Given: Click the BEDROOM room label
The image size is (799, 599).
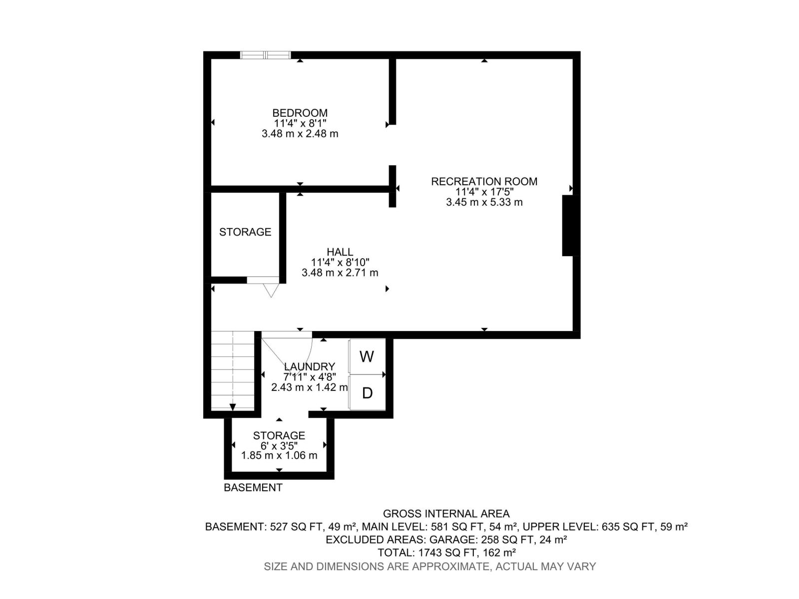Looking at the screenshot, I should click(x=300, y=113).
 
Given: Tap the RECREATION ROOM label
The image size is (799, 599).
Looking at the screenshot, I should click(x=484, y=181).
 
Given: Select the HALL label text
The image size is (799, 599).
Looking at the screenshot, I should click(x=340, y=252).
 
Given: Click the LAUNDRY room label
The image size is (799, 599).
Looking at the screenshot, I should click(x=309, y=367).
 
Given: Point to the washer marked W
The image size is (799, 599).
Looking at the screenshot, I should click(x=367, y=356).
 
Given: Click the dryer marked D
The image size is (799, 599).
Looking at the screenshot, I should click(x=367, y=393).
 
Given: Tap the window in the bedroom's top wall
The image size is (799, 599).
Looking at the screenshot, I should click(x=265, y=55).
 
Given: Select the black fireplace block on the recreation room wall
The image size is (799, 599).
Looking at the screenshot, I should click(x=568, y=226).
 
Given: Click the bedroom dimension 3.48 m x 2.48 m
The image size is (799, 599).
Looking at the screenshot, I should click(x=300, y=134).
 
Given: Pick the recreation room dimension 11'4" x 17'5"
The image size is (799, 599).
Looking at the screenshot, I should click(x=484, y=192).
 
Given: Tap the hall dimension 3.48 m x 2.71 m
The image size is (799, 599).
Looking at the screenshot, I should click(x=340, y=273).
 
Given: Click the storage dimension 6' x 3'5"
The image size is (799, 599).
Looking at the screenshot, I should click(x=279, y=445).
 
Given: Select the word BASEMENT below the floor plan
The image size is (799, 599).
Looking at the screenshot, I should click(x=253, y=488).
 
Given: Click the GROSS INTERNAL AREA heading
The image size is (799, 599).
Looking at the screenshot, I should click(x=446, y=514).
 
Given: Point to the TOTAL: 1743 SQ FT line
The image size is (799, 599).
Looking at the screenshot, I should click(x=446, y=553).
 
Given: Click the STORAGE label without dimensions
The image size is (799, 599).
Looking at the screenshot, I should click(x=245, y=232).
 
